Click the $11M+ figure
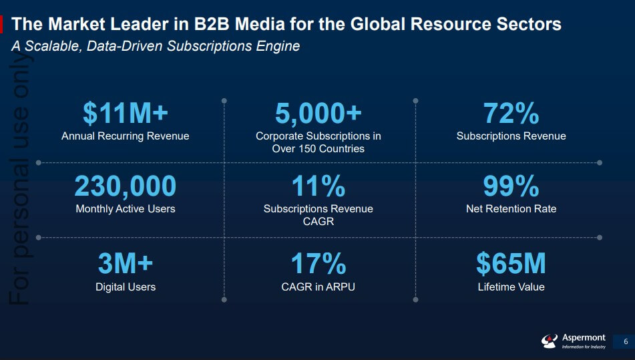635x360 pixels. click(126, 114)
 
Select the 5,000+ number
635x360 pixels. click(319, 114)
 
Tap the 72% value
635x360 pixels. click(511, 114)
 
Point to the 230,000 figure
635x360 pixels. click(126, 186)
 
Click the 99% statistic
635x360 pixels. click(511, 186)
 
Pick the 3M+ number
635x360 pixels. click(126, 264)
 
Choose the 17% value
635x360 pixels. click(319, 264)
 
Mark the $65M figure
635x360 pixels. click(511, 264)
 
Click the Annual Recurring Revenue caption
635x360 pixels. click(126, 136)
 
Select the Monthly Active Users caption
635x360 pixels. click(126, 209)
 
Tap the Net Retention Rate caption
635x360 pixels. click(511, 209)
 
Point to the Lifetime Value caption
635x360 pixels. click(511, 287)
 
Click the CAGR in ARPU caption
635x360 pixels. click(319, 287)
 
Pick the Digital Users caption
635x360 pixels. click(126, 287)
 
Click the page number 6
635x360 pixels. click(626, 342)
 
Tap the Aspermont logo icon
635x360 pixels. click(549, 341)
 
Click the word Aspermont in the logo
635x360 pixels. click(584, 338)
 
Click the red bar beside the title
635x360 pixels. click(2, 25)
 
